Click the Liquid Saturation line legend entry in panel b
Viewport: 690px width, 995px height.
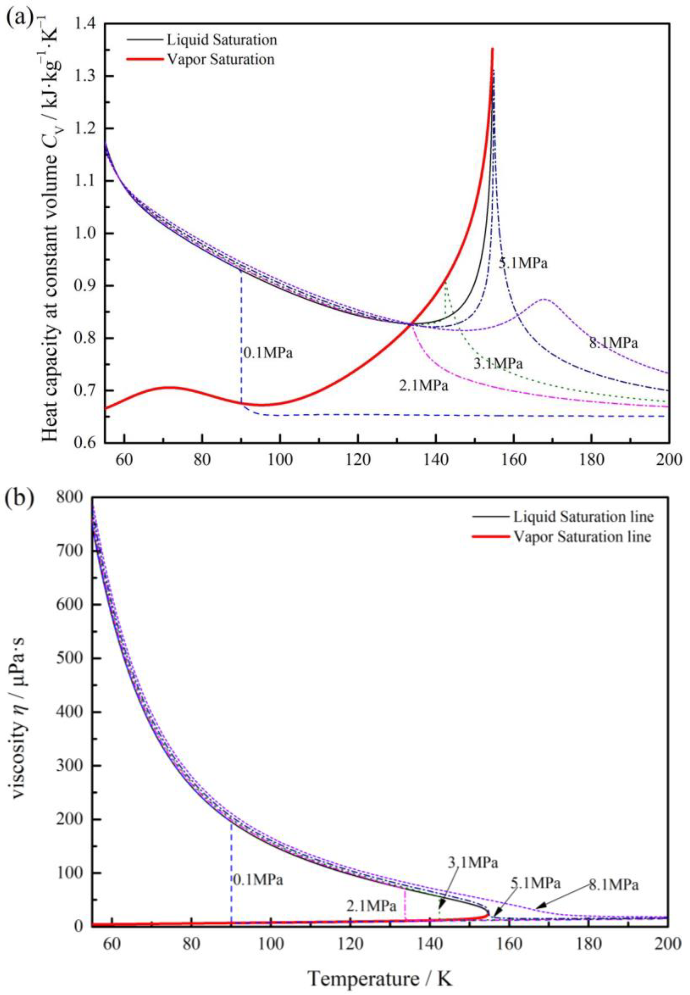coord(583,517)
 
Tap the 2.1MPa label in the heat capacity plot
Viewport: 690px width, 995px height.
coord(424,385)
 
